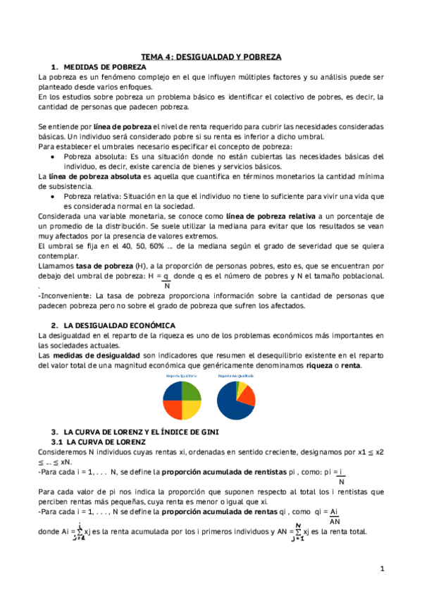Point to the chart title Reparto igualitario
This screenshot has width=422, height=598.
coord(181,377)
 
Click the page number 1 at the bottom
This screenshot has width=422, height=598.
coord(381,568)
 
